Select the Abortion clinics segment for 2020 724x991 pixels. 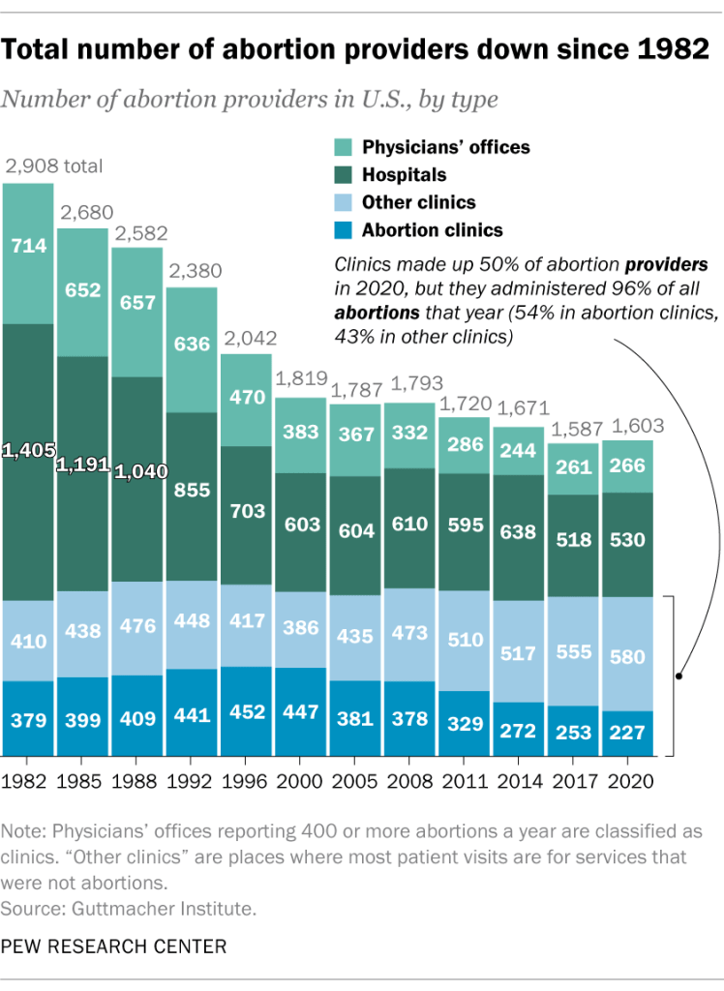pyautogui.click(x=627, y=734)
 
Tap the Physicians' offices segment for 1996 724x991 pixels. pyautogui.click(x=246, y=399)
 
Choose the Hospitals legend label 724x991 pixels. pyautogui.click(x=404, y=175)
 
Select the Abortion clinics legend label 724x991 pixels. pyautogui.click(x=432, y=230)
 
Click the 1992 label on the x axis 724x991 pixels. pyautogui.click(x=192, y=779)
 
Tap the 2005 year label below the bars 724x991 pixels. pyautogui.click(x=355, y=779)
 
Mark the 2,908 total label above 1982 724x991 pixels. pyautogui.click(x=54, y=166)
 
